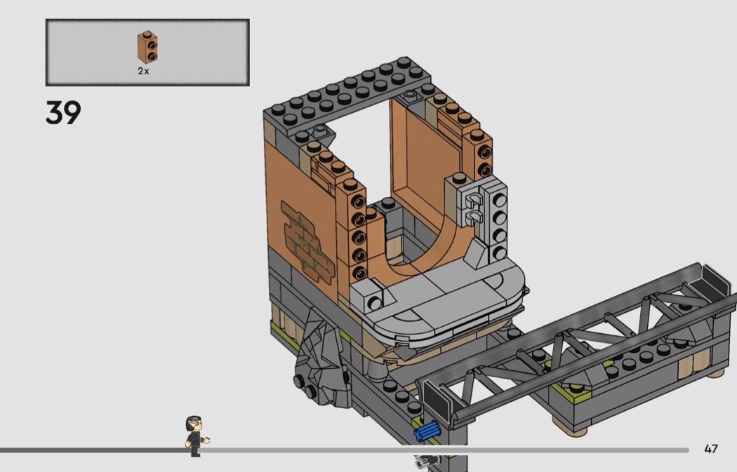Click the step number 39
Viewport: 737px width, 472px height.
point(63,112)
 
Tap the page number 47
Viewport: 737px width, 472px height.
point(711,449)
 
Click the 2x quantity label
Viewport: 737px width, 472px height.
point(143,71)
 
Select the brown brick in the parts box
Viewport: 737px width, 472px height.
point(147,47)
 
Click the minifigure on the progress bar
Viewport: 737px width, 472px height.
point(196,436)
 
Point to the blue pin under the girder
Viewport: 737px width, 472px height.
point(427,431)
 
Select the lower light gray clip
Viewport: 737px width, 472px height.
point(474,216)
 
